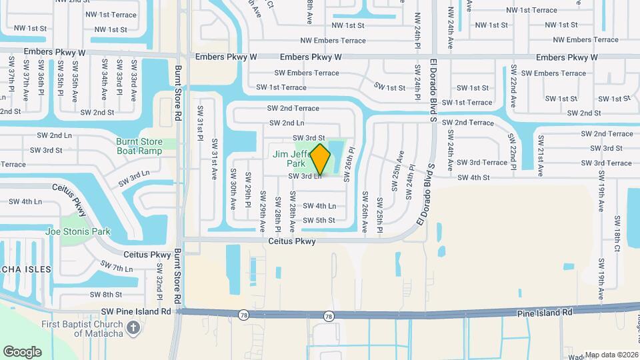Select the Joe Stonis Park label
pyautogui.click(x=78, y=231)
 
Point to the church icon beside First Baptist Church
pyautogui.click(x=133, y=327)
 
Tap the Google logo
pyautogui.click(x=22, y=351)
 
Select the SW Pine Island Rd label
pyautogui.click(x=137, y=311)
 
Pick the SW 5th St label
pyautogui.click(x=319, y=220)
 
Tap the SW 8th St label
pyautogui.click(x=107, y=294)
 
